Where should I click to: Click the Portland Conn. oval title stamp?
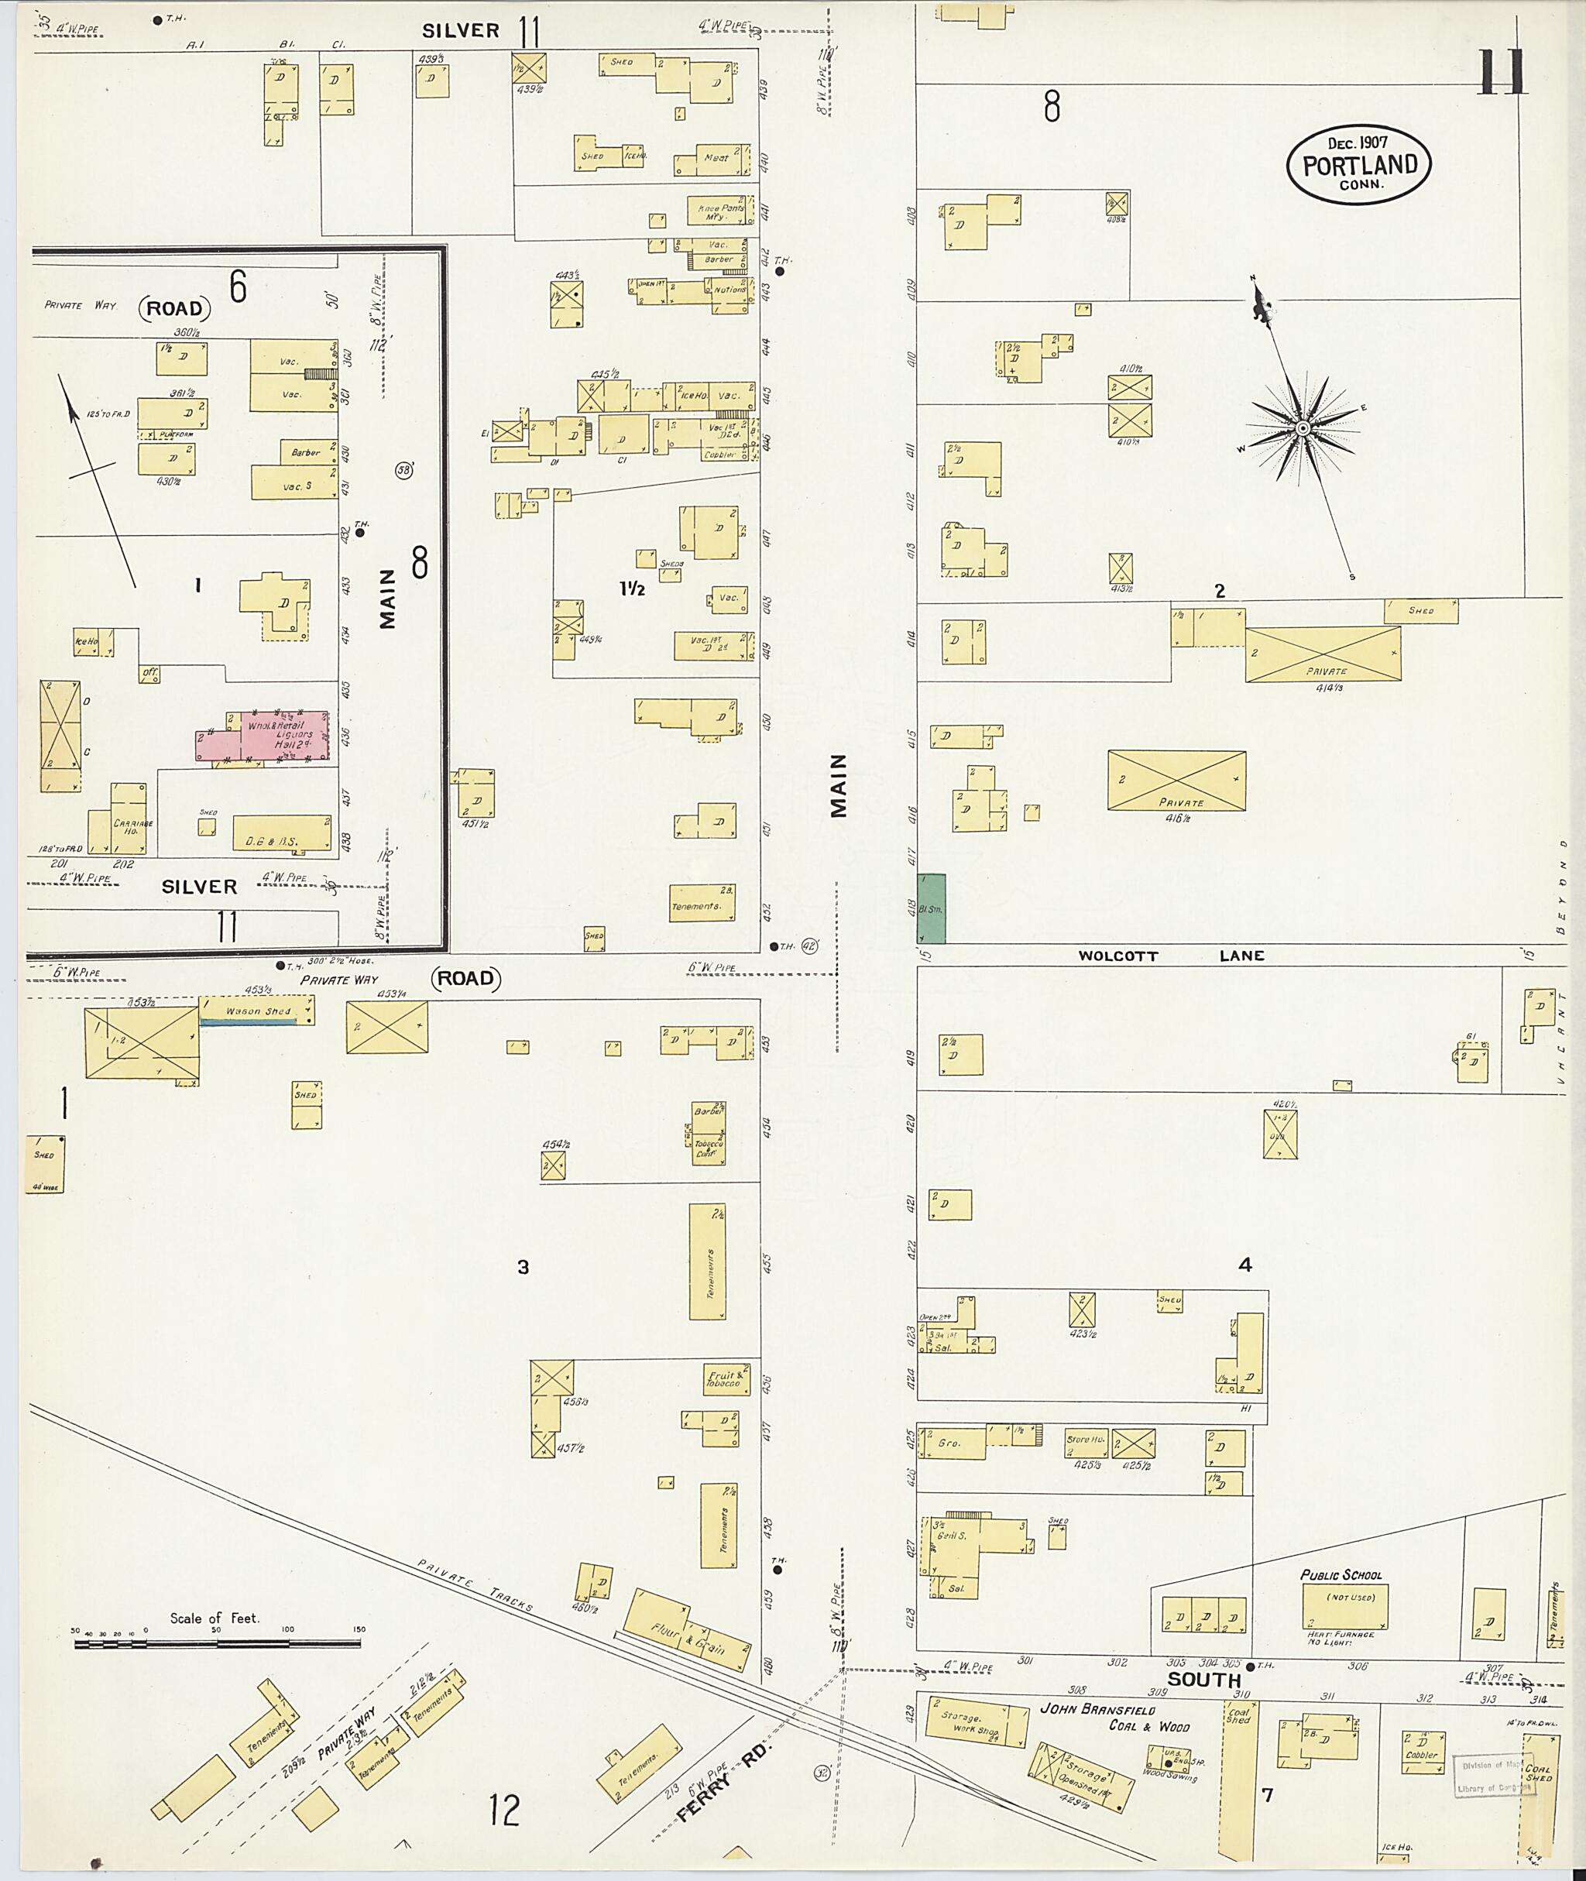[x=1358, y=164]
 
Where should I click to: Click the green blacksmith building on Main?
[x=932, y=908]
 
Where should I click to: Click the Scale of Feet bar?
[x=217, y=1643]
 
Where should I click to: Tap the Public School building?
[x=1344, y=1606]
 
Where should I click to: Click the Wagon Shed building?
[x=256, y=1011]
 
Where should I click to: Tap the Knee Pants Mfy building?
[x=716, y=211]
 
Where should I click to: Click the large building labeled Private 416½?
[x=1176, y=781]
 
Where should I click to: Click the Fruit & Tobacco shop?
[x=725, y=1379]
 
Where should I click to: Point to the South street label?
[x=1204, y=1680]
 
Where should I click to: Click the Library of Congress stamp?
[x=1495, y=1775]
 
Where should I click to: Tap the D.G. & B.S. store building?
[x=281, y=833]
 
